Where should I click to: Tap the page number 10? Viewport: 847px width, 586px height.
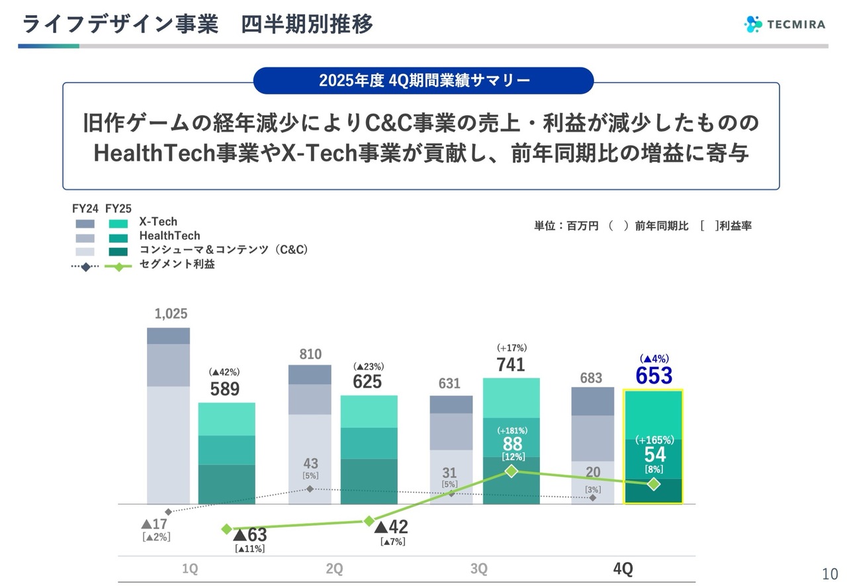pyautogui.click(x=830, y=573)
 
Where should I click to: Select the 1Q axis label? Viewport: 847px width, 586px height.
pyautogui.click(x=190, y=569)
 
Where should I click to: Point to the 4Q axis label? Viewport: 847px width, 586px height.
pyautogui.click(x=623, y=569)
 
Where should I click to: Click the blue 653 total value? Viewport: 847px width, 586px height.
pyautogui.click(x=654, y=376)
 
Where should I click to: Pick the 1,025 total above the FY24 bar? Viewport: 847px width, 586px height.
pyautogui.click(x=171, y=314)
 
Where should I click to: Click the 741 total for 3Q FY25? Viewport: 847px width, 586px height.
pyautogui.click(x=511, y=364)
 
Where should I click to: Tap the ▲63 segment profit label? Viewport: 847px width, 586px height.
pyautogui.click(x=250, y=535)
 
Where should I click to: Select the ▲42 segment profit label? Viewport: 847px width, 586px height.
pyautogui.click(x=392, y=527)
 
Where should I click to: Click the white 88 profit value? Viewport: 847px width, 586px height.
pyautogui.click(x=512, y=444)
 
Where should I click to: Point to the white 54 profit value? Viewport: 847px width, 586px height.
pyautogui.click(x=654, y=454)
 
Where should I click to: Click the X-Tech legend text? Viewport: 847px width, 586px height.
pyautogui.click(x=158, y=222)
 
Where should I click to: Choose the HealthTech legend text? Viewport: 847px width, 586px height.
pyautogui.click(x=169, y=235)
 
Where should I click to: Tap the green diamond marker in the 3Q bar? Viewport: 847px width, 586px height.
pyautogui.click(x=511, y=471)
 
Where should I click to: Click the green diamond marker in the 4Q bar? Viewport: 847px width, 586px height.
pyautogui.click(x=654, y=484)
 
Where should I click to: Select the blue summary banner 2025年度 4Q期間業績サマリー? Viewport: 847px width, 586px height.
pyautogui.click(x=423, y=81)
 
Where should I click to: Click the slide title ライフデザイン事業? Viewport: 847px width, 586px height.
pyautogui.click(x=120, y=24)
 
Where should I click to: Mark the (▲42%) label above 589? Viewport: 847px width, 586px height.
pyautogui.click(x=224, y=372)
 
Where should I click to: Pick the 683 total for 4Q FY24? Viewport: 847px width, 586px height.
pyautogui.click(x=591, y=378)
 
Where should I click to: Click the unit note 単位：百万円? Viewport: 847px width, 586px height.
pyautogui.click(x=566, y=226)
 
